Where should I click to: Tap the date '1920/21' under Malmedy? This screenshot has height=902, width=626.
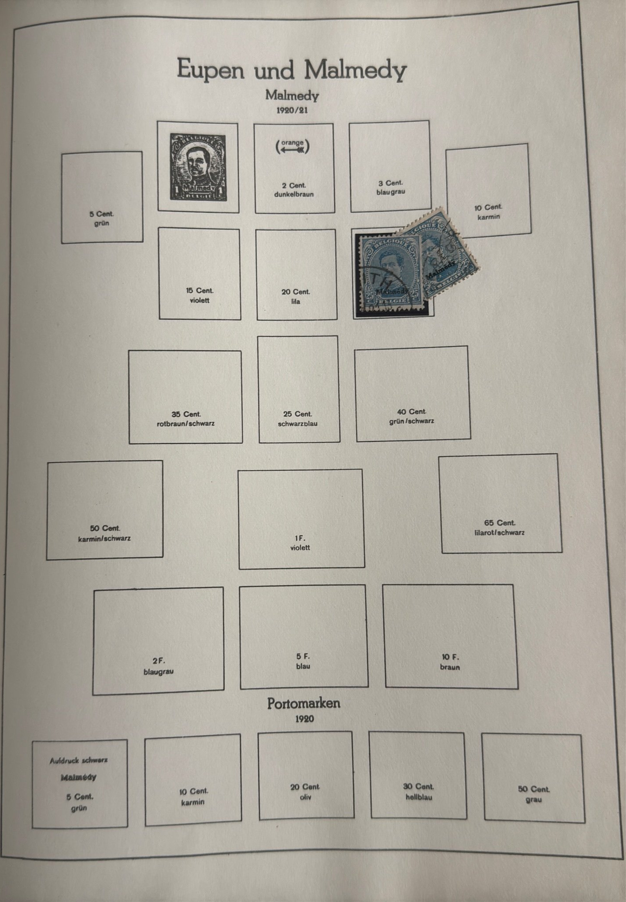(292, 110)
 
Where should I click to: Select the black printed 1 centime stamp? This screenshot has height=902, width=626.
(198, 167)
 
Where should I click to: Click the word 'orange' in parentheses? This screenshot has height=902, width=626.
(293, 142)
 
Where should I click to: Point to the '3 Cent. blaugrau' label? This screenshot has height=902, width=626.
(390, 187)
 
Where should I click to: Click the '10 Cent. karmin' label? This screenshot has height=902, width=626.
(488, 212)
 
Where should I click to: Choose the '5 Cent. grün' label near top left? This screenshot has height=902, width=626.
(102, 218)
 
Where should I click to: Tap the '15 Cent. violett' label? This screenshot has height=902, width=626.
(200, 296)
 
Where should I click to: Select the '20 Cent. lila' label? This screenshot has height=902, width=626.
(296, 296)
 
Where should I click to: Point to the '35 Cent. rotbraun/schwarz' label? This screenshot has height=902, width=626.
(186, 419)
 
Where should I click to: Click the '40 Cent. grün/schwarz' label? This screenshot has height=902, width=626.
(411, 416)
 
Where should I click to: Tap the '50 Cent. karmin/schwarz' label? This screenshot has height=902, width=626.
(105, 533)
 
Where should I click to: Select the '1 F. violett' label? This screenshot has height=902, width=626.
(300, 543)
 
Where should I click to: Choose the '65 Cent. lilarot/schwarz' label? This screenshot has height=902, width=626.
(499, 528)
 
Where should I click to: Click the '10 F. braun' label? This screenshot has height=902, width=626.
(450, 662)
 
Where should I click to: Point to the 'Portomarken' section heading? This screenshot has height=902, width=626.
(304, 703)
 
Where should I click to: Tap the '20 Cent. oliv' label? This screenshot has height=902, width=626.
(305, 791)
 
